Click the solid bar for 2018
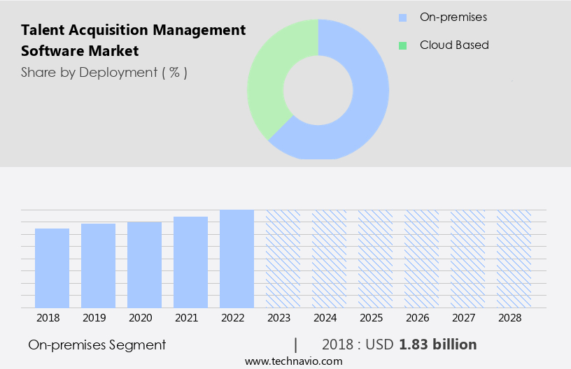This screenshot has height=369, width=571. [52, 268]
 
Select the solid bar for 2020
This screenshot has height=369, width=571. [144, 264]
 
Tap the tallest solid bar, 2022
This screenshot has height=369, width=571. [237, 259]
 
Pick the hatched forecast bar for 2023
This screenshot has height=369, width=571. [283, 259]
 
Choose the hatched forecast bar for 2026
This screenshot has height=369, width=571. [421, 259]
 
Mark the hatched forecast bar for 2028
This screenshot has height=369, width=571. [514, 259]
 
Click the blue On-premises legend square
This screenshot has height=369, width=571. [402, 17]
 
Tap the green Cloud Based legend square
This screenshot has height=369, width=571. [402, 45]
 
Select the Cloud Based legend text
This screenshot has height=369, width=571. [454, 45]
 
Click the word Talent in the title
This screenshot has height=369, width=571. [43, 30]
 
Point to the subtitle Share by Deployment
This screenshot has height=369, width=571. [104, 72]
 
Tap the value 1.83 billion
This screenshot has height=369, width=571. [438, 345]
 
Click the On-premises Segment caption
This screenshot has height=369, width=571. [97, 345]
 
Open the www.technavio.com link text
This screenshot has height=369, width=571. [294, 361]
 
